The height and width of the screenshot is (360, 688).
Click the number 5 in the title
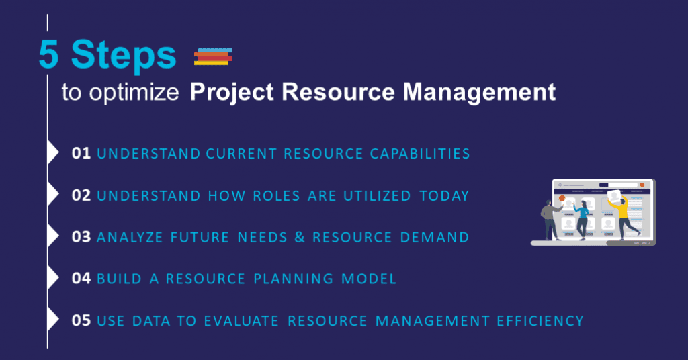(50, 56)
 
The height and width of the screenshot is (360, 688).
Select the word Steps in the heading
(124, 56)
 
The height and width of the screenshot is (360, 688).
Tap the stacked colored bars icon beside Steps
(212, 57)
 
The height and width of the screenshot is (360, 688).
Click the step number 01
(81, 154)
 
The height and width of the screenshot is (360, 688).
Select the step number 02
(81, 195)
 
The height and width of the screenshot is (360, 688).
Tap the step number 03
(81, 237)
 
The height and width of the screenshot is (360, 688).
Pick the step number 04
(81, 279)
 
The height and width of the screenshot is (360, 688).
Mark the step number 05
(81, 321)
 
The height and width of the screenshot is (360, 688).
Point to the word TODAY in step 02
(444, 195)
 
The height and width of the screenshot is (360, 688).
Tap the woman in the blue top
(582, 218)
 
